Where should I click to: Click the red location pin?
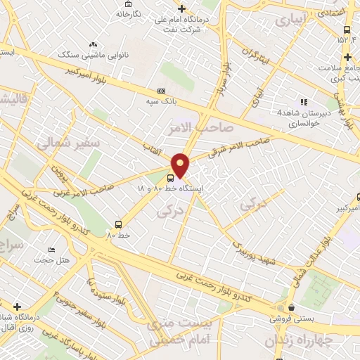point(181,165)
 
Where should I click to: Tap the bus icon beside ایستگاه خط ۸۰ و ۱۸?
point(171,178)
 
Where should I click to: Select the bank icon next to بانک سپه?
point(162,91)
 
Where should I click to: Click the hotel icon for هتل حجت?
point(51,250)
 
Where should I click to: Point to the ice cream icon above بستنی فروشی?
point(290,307)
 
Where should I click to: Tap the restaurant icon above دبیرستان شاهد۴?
point(304,101)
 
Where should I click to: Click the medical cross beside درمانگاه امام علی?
point(182,9)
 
